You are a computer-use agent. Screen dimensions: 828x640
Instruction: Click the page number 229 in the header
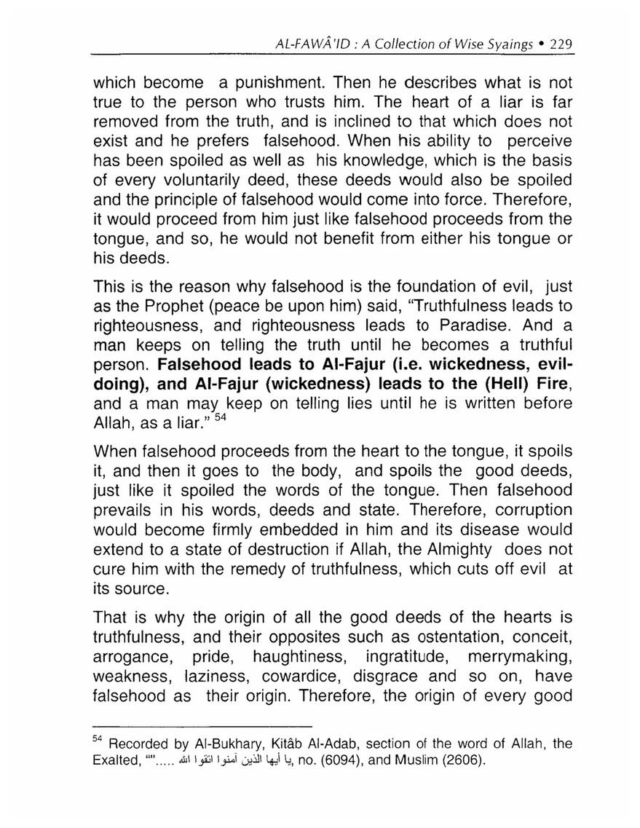pyautogui.click(x=561, y=43)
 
